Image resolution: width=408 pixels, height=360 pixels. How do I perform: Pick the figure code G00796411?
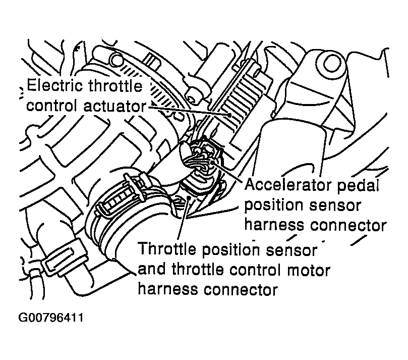50,318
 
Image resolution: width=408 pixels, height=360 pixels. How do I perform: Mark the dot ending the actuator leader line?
229,115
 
